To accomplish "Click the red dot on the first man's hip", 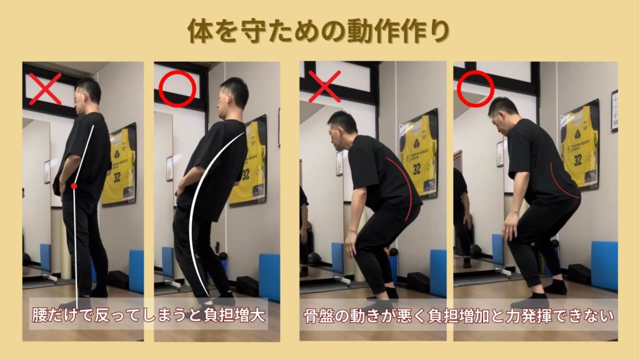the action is pyautogui.click(x=74, y=186).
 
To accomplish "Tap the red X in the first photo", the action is pyautogui.click(x=45, y=89).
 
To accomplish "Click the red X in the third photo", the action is pyautogui.click(x=324, y=86).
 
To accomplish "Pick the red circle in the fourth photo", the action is pyautogui.click(x=476, y=89).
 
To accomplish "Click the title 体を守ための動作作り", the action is pyautogui.click(x=319, y=31).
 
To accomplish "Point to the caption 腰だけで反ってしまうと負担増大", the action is pyautogui.click(x=149, y=315).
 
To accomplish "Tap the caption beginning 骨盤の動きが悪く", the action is pyautogui.click(x=459, y=316).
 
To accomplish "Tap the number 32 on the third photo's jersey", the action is pyautogui.click(x=416, y=169).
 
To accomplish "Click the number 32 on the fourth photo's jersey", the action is pyautogui.click(x=577, y=160).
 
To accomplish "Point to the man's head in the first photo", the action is pyautogui.click(x=87, y=95).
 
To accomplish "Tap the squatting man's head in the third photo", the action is pyautogui.click(x=342, y=130).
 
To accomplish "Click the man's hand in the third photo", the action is pyautogui.click(x=351, y=248).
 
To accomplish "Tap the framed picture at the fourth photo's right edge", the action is pyautogui.click(x=614, y=111).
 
